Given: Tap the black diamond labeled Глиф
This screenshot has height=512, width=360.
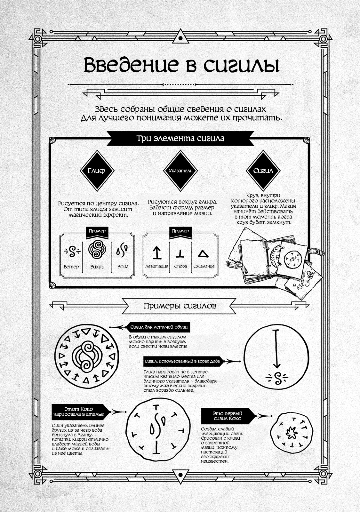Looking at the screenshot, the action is click(97, 171).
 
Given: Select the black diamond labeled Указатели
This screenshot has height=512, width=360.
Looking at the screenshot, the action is click(180, 171).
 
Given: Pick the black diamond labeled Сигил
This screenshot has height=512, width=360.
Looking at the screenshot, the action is click(263, 171).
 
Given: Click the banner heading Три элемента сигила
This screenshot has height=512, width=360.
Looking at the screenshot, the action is click(180, 139).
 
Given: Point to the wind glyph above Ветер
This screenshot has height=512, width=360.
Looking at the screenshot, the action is click(72, 251).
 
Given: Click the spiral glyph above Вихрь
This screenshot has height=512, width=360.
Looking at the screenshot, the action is click(97, 250).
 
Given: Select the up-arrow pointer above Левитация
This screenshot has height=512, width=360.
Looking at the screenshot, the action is click(157, 252).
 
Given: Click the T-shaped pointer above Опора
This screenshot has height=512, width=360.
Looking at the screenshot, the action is click(180, 254).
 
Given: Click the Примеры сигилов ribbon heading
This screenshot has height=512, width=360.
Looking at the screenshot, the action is click(180, 306).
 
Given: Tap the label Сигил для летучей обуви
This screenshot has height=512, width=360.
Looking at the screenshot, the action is click(159, 327).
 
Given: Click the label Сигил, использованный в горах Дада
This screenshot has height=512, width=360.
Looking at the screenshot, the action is click(182, 361).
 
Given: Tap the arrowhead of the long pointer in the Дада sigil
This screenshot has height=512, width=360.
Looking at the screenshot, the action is click(276, 365).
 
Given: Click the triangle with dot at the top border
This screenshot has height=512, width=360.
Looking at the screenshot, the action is click(180, 36).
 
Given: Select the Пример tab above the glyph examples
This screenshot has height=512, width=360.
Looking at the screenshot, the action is click(97, 231).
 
